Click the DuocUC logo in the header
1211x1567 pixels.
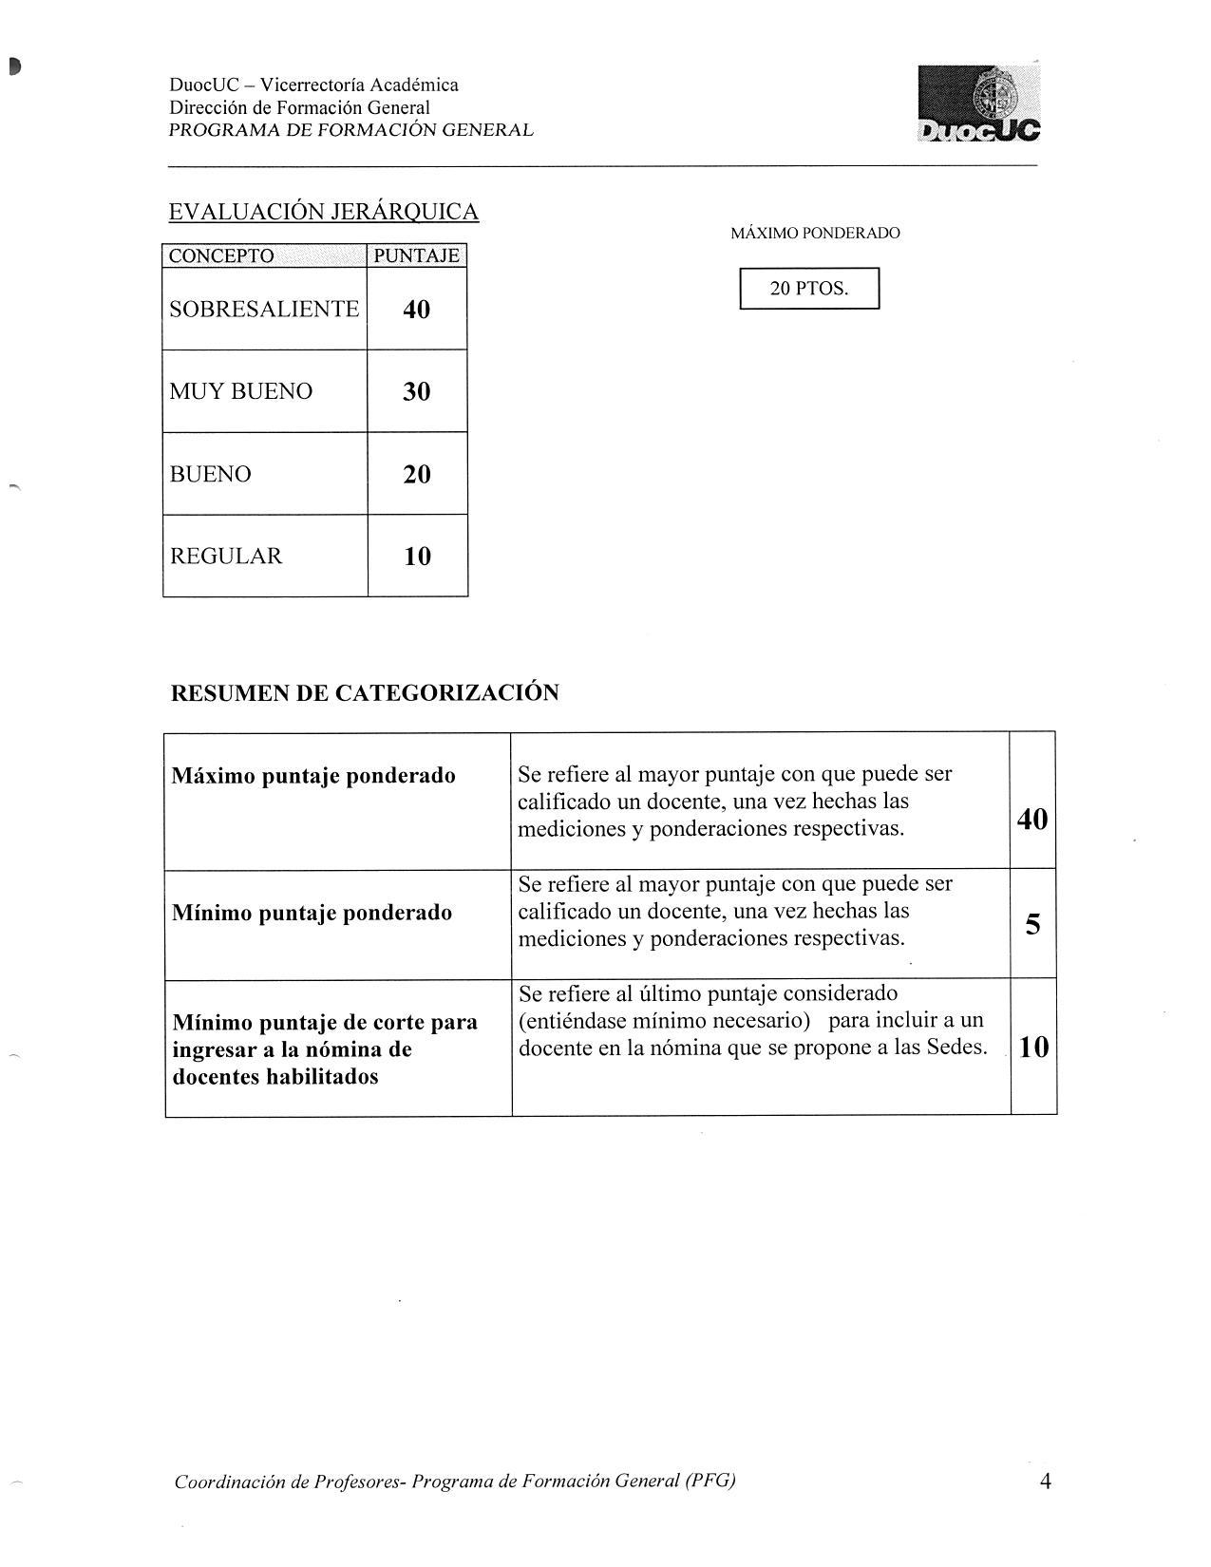click(979, 104)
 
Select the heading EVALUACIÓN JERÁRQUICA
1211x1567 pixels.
click(323, 211)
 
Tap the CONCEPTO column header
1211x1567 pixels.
click(221, 255)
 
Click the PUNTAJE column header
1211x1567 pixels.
click(416, 255)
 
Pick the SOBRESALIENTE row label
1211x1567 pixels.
click(264, 309)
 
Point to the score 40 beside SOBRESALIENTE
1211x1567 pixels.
click(416, 309)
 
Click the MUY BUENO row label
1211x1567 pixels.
click(240, 391)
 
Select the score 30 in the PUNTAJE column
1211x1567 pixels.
click(416, 391)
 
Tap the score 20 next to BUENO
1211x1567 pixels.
click(416, 474)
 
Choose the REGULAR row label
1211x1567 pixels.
click(225, 556)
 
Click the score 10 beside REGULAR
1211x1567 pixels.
click(417, 557)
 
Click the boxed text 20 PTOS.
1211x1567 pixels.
click(809, 289)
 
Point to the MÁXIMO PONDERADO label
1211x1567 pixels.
click(815, 233)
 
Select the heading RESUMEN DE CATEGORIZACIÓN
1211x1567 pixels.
click(364, 692)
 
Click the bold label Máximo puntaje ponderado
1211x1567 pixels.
click(312, 776)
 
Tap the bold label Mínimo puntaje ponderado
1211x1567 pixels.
click(312, 913)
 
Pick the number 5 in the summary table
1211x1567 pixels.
click(1032, 923)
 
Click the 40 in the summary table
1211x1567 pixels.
click(1032, 819)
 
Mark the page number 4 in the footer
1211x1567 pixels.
click(1045, 1481)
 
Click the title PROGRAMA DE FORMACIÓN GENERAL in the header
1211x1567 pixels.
click(350, 130)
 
